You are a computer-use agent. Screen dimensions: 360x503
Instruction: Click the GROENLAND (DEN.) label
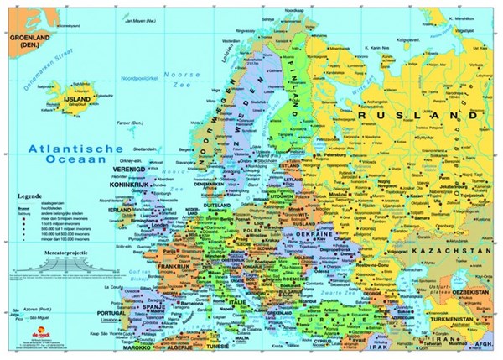(27, 43)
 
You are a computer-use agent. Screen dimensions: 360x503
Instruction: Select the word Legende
(29, 196)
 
